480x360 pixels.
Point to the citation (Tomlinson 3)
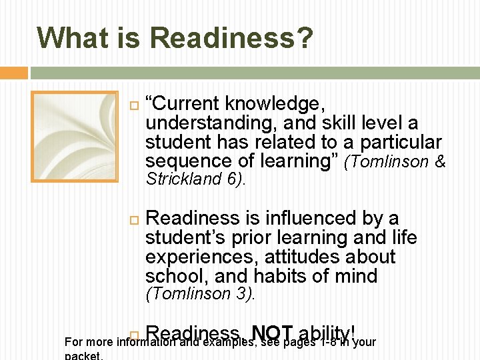(200, 293)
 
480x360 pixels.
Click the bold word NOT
(273, 333)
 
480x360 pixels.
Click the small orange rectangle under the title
(14, 73)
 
